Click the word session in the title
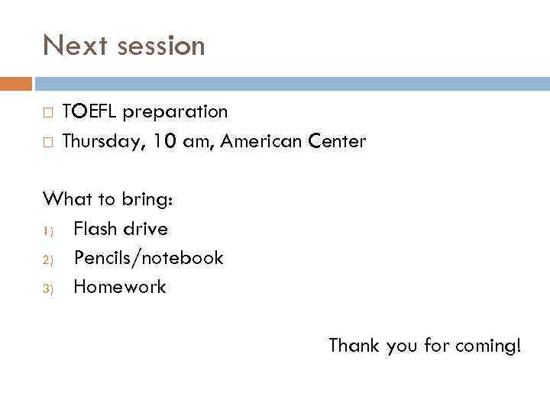(x=160, y=46)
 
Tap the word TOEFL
(x=90, y=112)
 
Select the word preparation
(x=176, y=112)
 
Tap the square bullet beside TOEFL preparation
(x=47, y=113)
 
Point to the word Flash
(x=97, y=229)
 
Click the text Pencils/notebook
(x=148, y=258)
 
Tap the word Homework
(x=119, y=287)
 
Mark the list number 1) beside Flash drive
(x=47, y=230)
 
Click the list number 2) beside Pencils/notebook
(x=47, y=259)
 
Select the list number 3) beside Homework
(x=47, y=288)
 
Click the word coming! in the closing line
(x=488, y=346)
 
